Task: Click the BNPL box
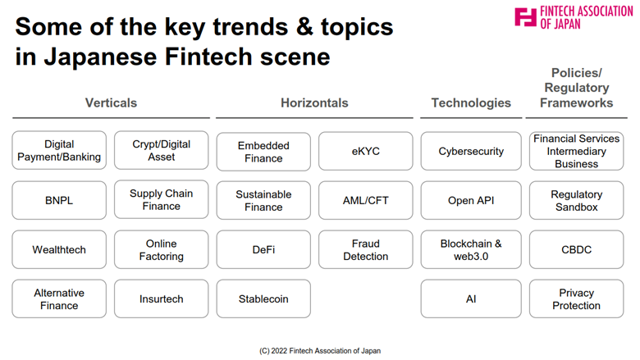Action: point(59,200)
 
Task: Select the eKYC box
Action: point(366,151)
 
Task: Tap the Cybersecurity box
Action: point(471,151)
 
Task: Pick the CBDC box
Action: point(576,249)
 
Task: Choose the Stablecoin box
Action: point(263,298)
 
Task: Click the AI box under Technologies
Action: point(471,298)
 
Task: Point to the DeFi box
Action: point(263,249)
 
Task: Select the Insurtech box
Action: point(161,298)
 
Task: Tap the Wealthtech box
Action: point(59,249)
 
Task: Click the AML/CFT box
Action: point(366,200)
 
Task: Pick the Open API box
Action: point(471,200)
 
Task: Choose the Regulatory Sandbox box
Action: point(576,200)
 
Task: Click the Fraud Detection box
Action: point(366,249)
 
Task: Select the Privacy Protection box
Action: point(576,298)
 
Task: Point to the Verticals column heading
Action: point(111,103)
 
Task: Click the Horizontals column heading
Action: point(314,103)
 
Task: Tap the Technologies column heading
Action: point(471,103)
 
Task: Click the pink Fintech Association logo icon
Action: point(526,17)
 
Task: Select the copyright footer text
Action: point(320,351)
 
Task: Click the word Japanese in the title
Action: point(100,57)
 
